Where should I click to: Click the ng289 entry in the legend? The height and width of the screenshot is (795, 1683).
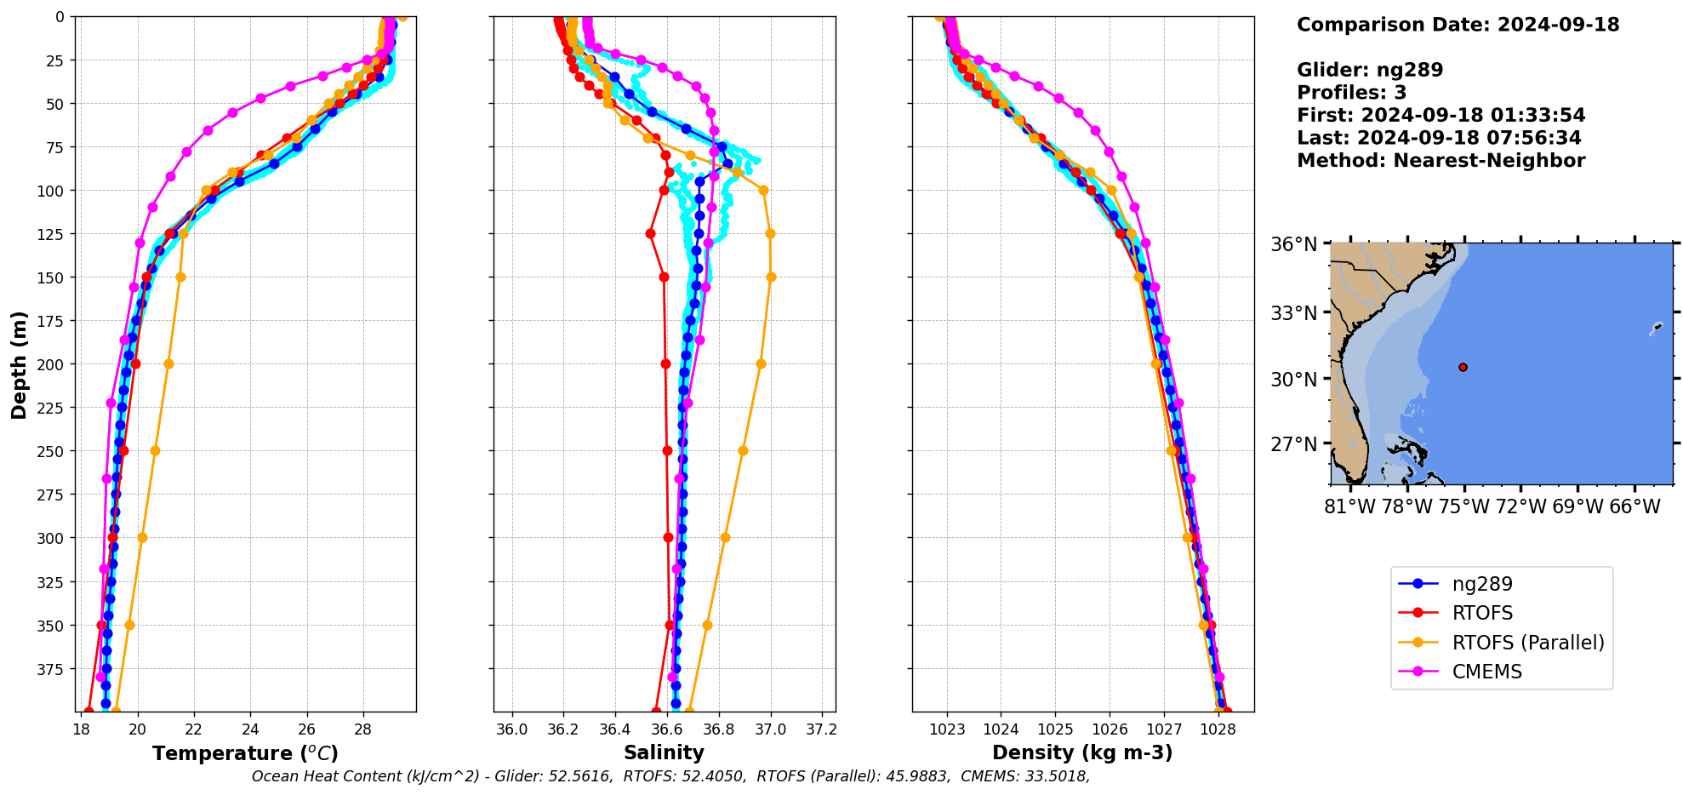(x=1481, y=584)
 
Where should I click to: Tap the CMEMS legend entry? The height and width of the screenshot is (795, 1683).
(x=1486, y=672)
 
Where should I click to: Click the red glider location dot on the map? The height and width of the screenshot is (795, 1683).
(x=1463, y=367)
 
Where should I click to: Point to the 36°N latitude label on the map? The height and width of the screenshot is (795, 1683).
(x=1293, y=245)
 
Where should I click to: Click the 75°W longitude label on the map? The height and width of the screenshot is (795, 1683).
(x=1463, y=507)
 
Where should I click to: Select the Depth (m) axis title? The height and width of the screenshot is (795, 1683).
(x=19, y=364)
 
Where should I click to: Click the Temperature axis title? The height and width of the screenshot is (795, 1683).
(x=245, y=753)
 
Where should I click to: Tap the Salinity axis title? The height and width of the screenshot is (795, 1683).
(x=664, y=752)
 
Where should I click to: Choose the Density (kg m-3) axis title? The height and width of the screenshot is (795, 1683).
(x=1082, y=752)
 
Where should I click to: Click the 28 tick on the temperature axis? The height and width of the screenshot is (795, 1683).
(x=363, y=729)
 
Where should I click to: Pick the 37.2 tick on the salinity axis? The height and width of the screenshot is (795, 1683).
(x=822, y=729)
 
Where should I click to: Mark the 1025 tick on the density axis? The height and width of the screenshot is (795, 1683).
(x=1055, y=729)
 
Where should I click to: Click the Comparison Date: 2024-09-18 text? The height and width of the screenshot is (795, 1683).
(x=1458, y=25)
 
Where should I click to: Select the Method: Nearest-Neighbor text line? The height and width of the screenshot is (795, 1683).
(x=1441, y=161)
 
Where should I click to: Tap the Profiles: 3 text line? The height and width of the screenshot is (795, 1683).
(x=1351, y=93)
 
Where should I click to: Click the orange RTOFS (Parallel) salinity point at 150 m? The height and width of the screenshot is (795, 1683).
(x=771, y=277)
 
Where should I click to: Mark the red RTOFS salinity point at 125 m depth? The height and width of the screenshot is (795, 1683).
(x=650, y=233)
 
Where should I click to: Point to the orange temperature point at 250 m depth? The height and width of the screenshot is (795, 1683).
(x=155, y=450)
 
